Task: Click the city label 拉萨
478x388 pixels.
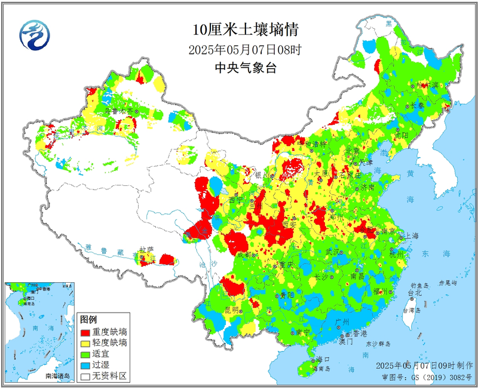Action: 146,249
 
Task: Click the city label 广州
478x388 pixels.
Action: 343,322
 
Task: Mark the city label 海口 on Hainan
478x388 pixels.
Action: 323,359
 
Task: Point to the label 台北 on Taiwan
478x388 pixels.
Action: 414,294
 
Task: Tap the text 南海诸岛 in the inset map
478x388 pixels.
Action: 57,376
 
